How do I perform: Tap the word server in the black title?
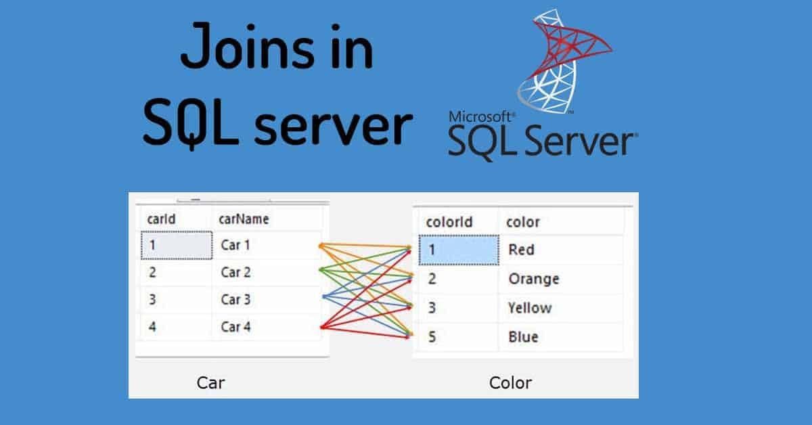[x=333, y=126]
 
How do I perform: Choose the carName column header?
[x=244, y=219]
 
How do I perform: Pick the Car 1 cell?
[x=236, y=245]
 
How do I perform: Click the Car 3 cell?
[x=236, y=299]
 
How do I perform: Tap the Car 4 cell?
[x=236, y=327]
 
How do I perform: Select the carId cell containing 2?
[x=153, y=272]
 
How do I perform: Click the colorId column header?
[x=449, y=222]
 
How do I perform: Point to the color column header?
[x=523, y=222]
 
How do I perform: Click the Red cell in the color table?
[x=521, y=250]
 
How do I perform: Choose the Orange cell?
[x=534, y=279]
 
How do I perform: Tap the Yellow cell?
[x=530, y=308]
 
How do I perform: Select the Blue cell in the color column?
[x=523, y=336]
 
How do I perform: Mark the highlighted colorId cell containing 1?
[x=457, y=250]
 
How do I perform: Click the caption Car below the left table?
[x=210, y=382]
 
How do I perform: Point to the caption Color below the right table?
[x=510, y=382]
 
